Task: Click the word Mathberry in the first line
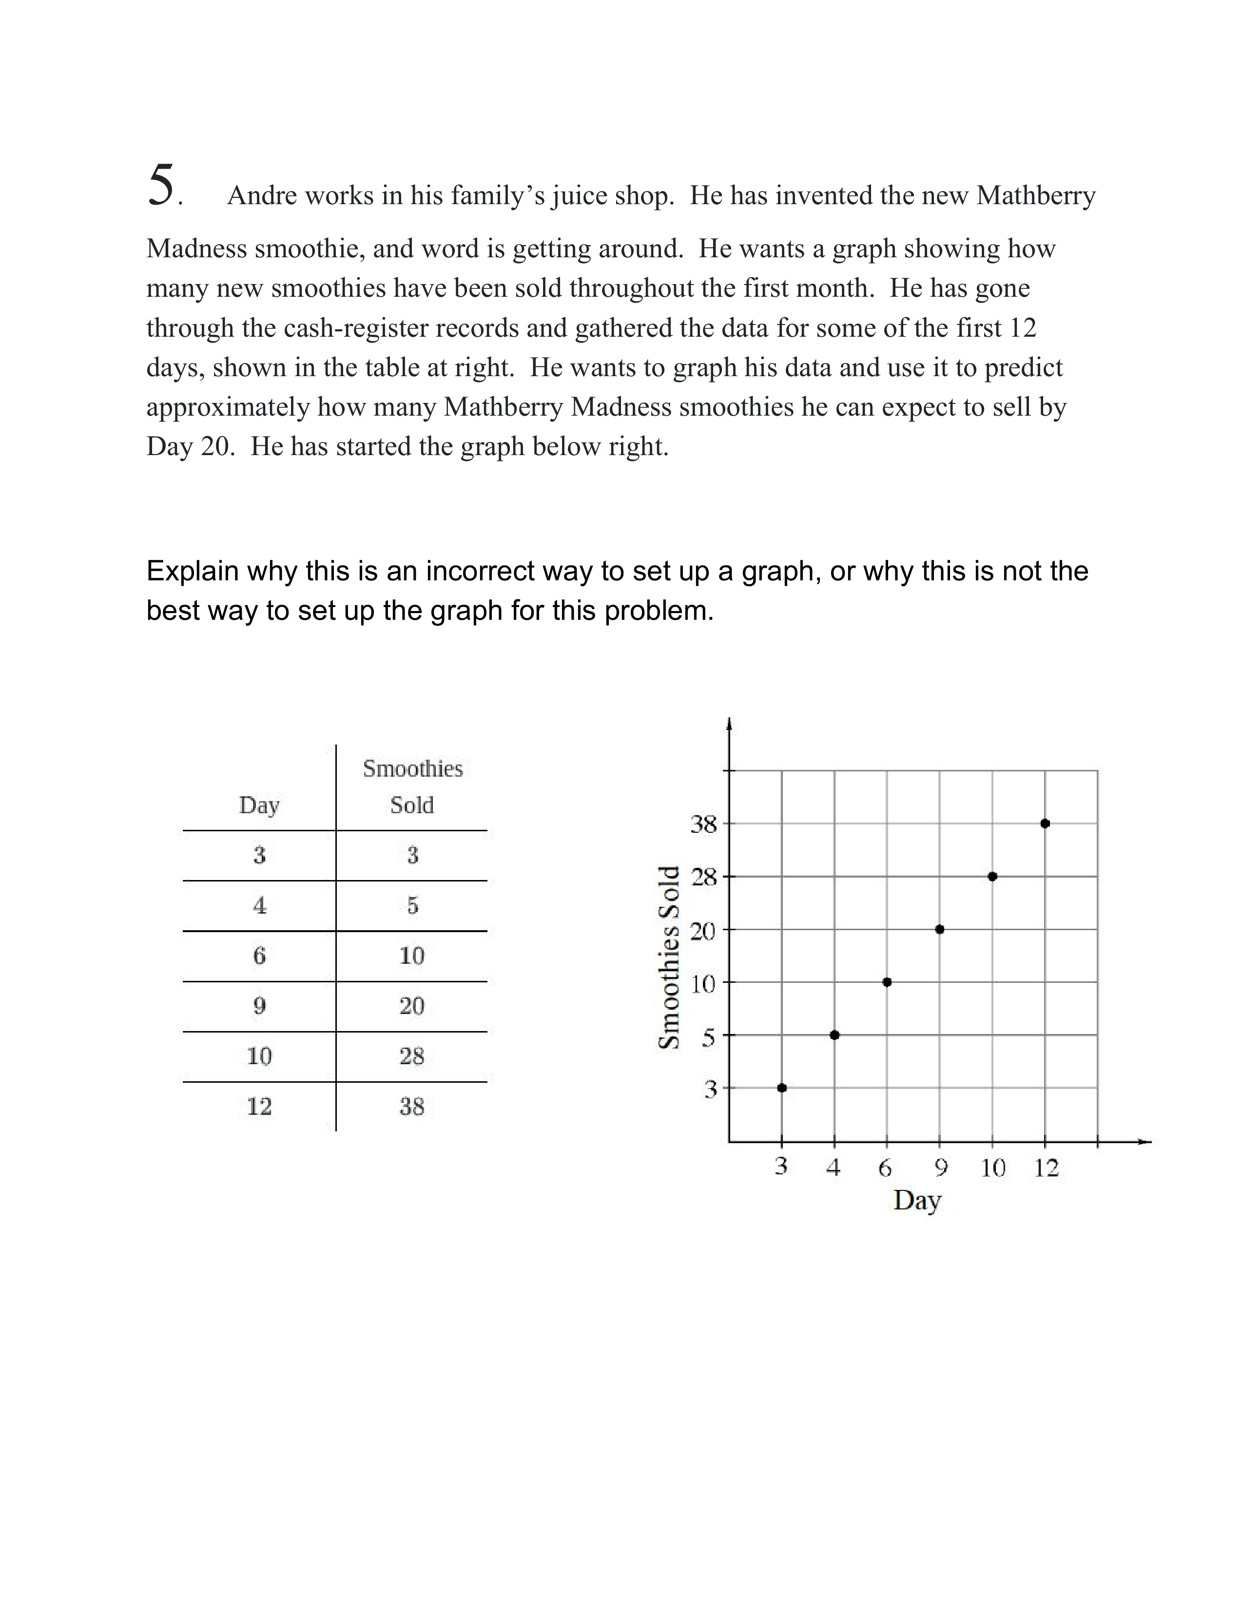(1035, 196)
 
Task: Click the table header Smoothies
(412, 768)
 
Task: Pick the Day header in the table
(259, 805)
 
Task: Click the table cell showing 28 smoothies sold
(411, 1056)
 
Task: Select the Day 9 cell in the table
(259, 1006)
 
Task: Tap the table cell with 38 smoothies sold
(411, 1106)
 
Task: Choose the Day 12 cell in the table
(259, 1106)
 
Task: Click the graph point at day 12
(1045, 823)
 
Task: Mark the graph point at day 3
(782, 1088)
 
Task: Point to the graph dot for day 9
(940, 929)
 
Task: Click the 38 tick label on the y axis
(703, 824)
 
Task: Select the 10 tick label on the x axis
(992, 1168)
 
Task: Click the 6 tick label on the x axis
(885, 1168)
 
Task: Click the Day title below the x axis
(917, 1200)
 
